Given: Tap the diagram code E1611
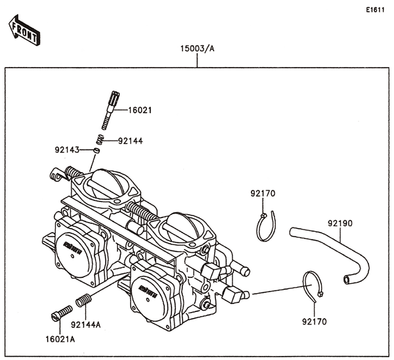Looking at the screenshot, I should [x=376, y=9].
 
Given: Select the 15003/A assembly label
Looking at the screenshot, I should [x=198, y=50].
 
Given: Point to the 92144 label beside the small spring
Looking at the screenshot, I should [x=130, y=141].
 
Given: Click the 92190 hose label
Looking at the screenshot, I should [x=340, y=223].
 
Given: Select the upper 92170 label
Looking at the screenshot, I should [x=262, y=194].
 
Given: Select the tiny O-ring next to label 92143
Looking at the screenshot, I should [x=96, y=150].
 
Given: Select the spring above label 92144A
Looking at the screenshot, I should [x=83, y=302].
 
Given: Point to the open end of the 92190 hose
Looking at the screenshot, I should [x=347, y=281].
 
